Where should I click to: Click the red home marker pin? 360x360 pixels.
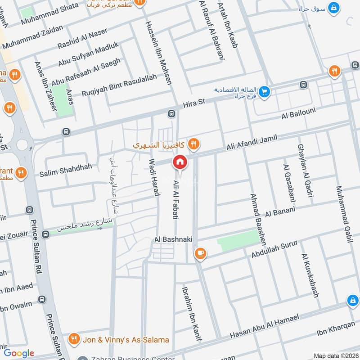tap(180, 162)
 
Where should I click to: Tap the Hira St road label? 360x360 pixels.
tap(194, 103)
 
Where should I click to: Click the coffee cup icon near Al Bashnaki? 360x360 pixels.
tap(200, 254)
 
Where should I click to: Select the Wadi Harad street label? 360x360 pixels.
tap(154, 178)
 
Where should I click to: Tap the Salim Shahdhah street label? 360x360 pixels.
tap(66, 167)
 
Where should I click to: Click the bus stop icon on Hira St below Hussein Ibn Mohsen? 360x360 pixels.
tap(171, 113)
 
